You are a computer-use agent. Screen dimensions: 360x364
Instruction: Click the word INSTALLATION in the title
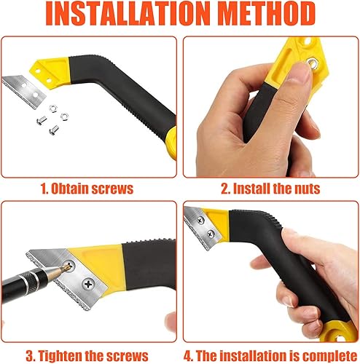[x=128, y=13]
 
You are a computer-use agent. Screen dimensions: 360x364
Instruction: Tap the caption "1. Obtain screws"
[x=87, y=189]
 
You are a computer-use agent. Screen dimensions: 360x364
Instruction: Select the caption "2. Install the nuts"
[x=270, y=189]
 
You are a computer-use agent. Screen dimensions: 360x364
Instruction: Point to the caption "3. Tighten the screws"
[x=87, y=356]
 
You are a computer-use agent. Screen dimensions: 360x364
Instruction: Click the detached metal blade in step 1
[x=24, y=90]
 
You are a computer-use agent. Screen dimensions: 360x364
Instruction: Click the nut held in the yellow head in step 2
[x=313, y=63]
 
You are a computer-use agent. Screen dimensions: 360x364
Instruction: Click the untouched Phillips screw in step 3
[x=88, y=284]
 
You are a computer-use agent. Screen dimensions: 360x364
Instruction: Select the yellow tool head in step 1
[x=50, y=70]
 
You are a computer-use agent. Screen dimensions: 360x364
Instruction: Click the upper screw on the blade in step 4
[x=200, y=221]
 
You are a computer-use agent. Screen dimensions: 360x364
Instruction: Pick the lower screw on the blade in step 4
[x=211, y=234]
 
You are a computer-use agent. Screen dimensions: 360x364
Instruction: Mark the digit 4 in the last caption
[x=187, y=356]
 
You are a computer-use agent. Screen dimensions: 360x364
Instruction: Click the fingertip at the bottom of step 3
[x=171, y=325]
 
